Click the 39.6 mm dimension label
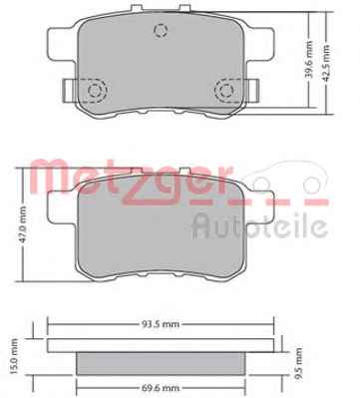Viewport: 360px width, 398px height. (309, 60)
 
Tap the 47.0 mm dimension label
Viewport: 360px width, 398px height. (23, 225)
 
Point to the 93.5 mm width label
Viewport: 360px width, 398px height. (160, 323)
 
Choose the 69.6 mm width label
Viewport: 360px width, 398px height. (160, 388)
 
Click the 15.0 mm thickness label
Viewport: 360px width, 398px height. (14, 356)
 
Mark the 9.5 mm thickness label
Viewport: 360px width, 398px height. (298, 363)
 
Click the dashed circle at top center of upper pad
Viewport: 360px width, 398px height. (161, 31)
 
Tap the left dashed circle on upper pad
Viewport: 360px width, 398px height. (94, 90)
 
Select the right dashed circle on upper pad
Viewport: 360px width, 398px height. (226, 90)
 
